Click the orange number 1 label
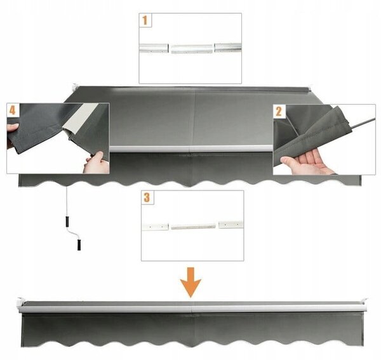pos(145,20)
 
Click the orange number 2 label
pos(279,112)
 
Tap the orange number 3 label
pos(147,197)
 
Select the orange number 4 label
pos(13,110)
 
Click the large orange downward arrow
pos(190,283)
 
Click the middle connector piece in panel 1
pos(192,49)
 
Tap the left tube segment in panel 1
pos(154,48)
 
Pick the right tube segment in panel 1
pos(228,48)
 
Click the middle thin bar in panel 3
pos(193,227)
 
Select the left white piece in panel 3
pos(155,227)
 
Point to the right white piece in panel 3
pos(231,225)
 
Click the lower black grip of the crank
pos(79,244)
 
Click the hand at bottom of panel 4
pos(96,163)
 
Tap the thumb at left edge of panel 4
pos(13,127)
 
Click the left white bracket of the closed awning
pos(20,303)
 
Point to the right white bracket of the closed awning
pos(364,304)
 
